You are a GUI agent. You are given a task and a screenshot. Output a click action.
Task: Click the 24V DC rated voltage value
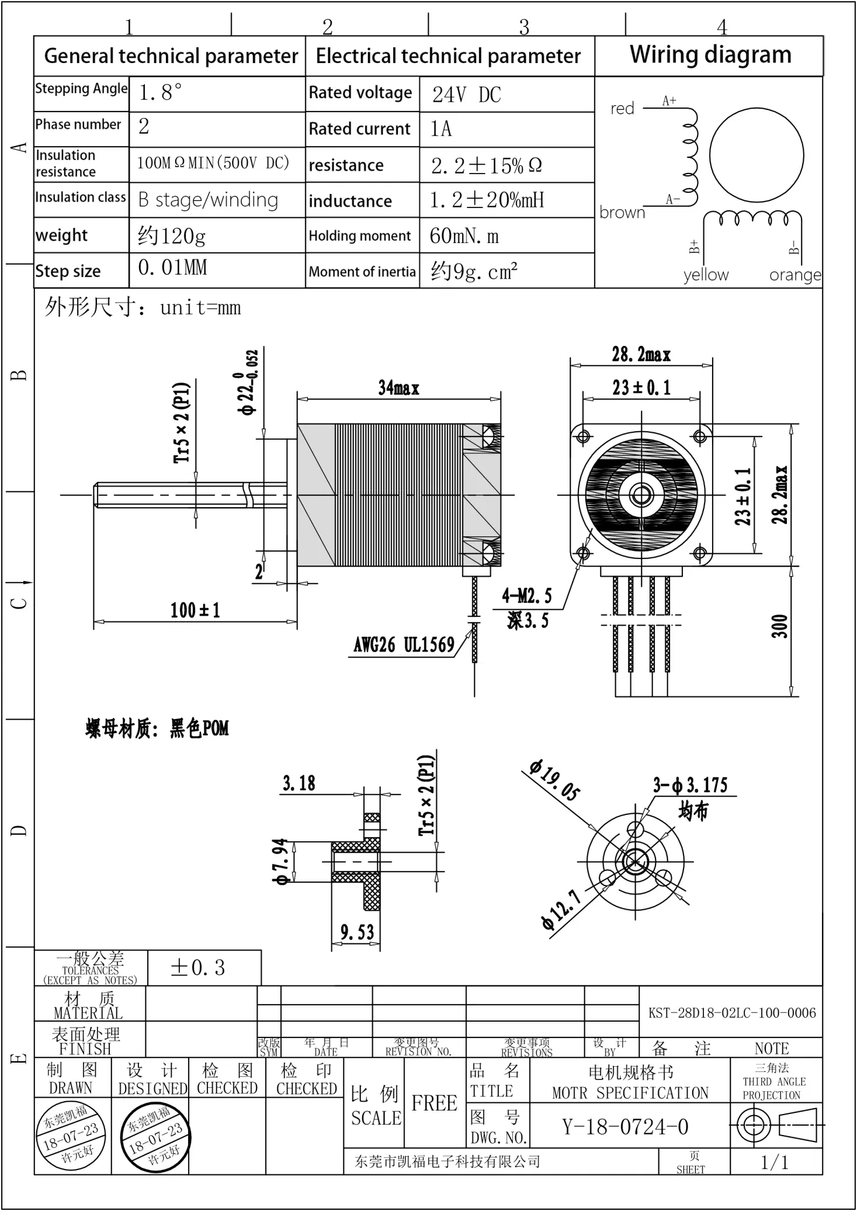click(466, 95)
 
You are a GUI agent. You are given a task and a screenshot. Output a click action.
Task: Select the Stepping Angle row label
click(81, 89)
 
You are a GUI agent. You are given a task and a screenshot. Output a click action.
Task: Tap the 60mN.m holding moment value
click(464, 236)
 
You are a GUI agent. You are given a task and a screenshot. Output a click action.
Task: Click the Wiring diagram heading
click(710, 55)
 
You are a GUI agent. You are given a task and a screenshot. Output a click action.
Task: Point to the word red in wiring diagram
click(622, 109)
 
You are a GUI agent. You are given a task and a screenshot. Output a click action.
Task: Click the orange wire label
click(794, 275)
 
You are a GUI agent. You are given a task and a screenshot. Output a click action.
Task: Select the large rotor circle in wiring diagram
click(756, 155)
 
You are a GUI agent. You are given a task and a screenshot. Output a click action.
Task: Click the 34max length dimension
click(398, 388)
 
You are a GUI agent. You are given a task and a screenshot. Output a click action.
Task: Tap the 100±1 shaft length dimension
click(195, 610)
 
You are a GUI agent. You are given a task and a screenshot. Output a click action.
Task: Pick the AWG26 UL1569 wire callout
click(404, 645)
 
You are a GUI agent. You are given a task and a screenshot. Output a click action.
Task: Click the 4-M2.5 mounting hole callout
click(526, 596)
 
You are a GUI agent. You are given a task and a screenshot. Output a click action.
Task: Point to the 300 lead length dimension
click(780, 626)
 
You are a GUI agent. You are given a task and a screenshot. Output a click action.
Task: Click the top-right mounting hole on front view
click(700, 436)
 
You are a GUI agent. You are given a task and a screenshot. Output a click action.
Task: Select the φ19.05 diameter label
click(554, 780)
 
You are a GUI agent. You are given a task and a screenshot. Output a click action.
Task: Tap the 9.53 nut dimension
click(357, 932)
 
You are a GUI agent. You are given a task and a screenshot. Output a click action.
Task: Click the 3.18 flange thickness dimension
click(299, 783)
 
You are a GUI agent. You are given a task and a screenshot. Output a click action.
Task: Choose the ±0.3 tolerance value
click(197, 968)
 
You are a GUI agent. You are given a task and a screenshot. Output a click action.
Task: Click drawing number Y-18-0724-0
click(625, 1126)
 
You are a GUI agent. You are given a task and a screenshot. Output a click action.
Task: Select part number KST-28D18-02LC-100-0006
click(731, 1013)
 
